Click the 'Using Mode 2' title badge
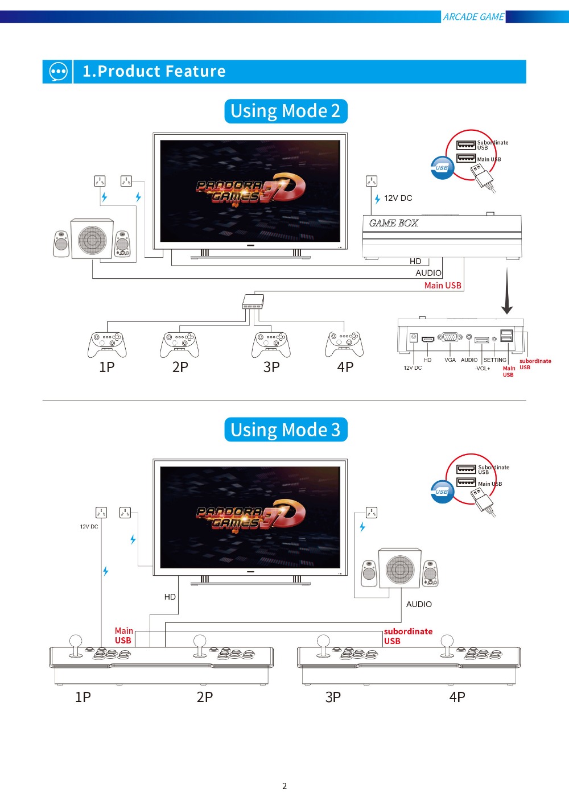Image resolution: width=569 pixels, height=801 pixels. [x=285, y=111]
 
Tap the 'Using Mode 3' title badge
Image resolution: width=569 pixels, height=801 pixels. [x=285, y=430]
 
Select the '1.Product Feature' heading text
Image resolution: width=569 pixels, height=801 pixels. [x=154, y=71]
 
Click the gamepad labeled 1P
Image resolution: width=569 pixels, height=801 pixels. [x=107, y=344]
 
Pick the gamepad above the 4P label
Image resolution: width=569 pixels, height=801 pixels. [x=344, y=343]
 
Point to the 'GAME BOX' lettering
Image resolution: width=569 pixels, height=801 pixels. [x=393, y=223]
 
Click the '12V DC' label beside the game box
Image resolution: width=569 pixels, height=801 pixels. [x=398, y=198]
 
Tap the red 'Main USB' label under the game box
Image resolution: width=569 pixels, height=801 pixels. [x=443, y=286]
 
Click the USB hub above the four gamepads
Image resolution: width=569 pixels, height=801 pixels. [x=253, y=301]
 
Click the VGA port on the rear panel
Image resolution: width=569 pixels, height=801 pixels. [x=450, y=337]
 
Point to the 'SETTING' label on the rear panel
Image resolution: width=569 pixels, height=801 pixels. [x=494, y=360]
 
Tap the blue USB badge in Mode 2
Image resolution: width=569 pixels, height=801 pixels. [x=442, y=168]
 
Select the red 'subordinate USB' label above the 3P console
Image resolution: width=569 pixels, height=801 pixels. [x=407, y=636]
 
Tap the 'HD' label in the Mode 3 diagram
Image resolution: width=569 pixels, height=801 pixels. [x=170, y=597]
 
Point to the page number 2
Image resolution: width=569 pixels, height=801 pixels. [x=284, y=786]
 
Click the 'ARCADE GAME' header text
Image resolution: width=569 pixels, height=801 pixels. [x=473, y=17]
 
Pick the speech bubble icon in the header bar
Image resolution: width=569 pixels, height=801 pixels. [x=58, y=72]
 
